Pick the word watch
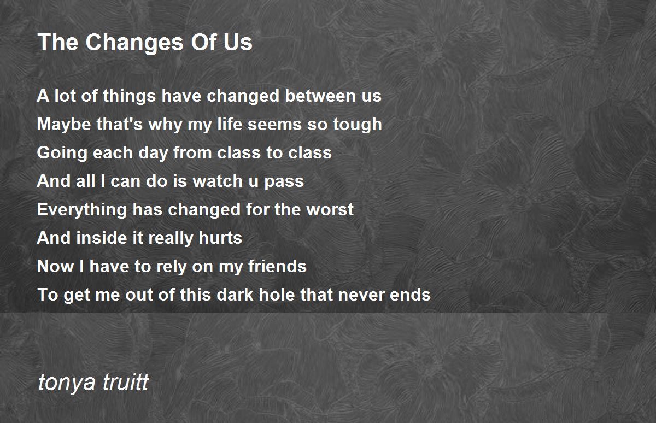[218, 181]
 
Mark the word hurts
[220, 238]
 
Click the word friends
[277, 266]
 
